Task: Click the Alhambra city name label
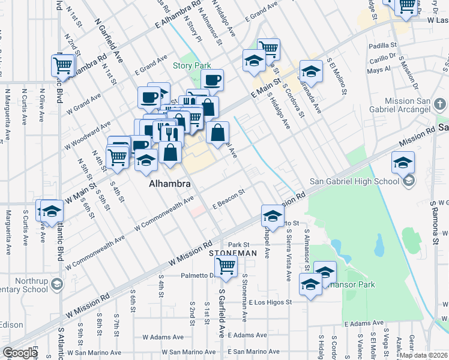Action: pos(170,184)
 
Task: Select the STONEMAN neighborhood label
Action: pos(233,254)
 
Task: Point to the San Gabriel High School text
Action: pos(354,181)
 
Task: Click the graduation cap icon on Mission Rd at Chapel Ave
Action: pos(273,216)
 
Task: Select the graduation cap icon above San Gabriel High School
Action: pos(403,162)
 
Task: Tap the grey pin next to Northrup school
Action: pos(57,283)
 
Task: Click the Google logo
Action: pos(20,353)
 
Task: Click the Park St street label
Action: pos(238,244)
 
